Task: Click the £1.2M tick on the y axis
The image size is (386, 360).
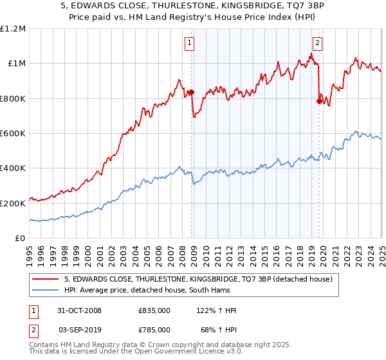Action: point(13,29)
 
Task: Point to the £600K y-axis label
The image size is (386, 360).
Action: point(14,134)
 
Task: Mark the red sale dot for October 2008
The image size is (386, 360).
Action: point(191,93)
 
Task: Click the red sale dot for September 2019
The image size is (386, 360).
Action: point(319,101)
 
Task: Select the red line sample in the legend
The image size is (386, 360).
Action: point(46,279)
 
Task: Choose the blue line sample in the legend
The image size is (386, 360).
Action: point(46,291)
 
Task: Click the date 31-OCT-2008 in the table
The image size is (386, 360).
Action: point(79,310)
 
